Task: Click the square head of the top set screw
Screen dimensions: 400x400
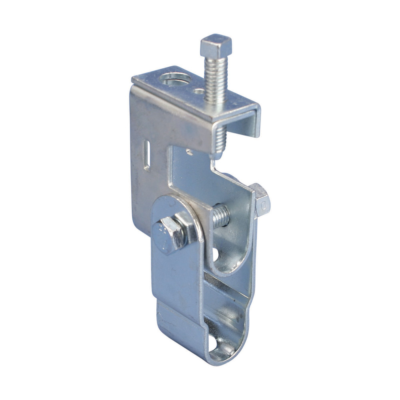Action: click(216, 45)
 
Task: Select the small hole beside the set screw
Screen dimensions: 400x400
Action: click(199, 91)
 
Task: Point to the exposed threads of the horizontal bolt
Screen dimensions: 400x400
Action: click(221, 216)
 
